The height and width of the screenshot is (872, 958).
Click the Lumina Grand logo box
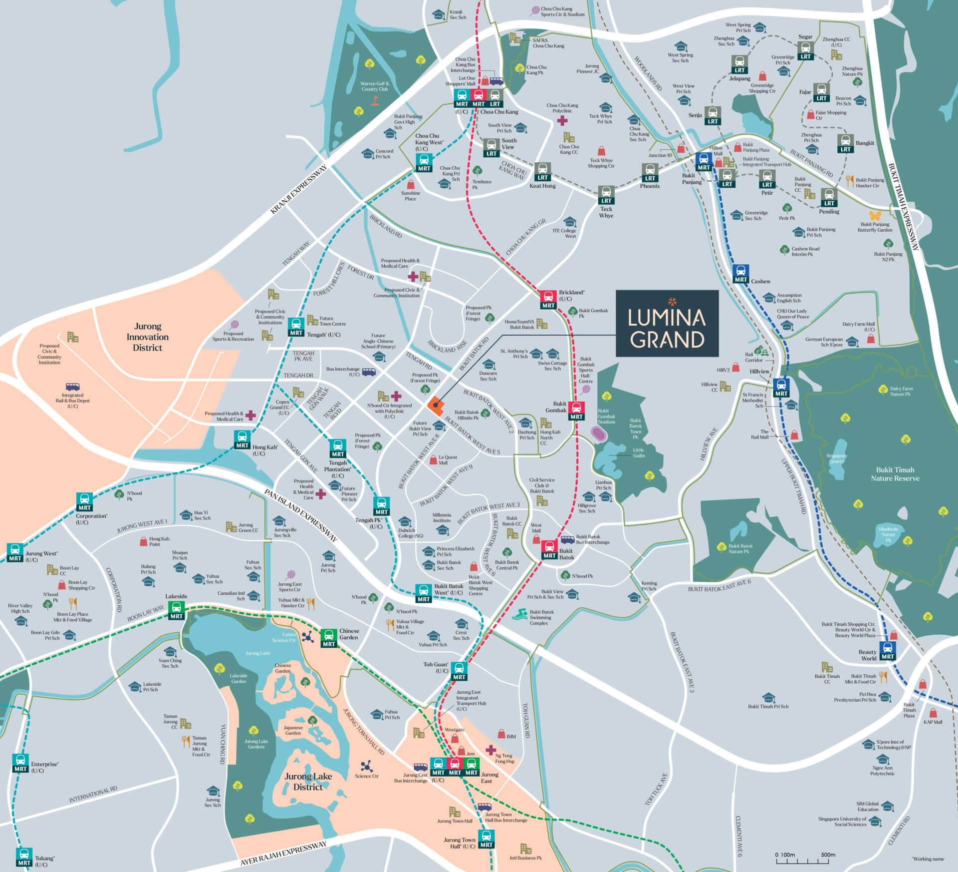pos(667,323)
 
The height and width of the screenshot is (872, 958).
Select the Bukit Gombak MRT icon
pos(577,410)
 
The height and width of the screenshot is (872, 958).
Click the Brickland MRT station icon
pos(548,299)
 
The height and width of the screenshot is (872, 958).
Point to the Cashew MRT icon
pos(741,274)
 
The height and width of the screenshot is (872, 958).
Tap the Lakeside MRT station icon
pos(176,610)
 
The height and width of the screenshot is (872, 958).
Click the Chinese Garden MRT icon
pos(328,638)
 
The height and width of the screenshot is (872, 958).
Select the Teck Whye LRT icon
pos(606,195)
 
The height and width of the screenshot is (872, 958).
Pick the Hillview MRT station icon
pos(781,388)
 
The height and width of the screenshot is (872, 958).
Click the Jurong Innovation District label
pos(147,337)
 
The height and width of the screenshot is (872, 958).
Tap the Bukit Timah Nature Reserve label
pos(895,473)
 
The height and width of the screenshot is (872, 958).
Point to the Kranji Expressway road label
pos(298,189)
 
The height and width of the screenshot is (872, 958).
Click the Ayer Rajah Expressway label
pos(283,853)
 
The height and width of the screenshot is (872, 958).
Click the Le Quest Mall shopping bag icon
pos(433,459)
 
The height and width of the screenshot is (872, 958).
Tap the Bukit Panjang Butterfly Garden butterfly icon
pos(875,216)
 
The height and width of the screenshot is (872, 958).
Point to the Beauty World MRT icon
pos(887,651)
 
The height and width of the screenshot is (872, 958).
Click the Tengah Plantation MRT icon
pos(337,448)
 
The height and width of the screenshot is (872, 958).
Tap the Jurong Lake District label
pos(308,782)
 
